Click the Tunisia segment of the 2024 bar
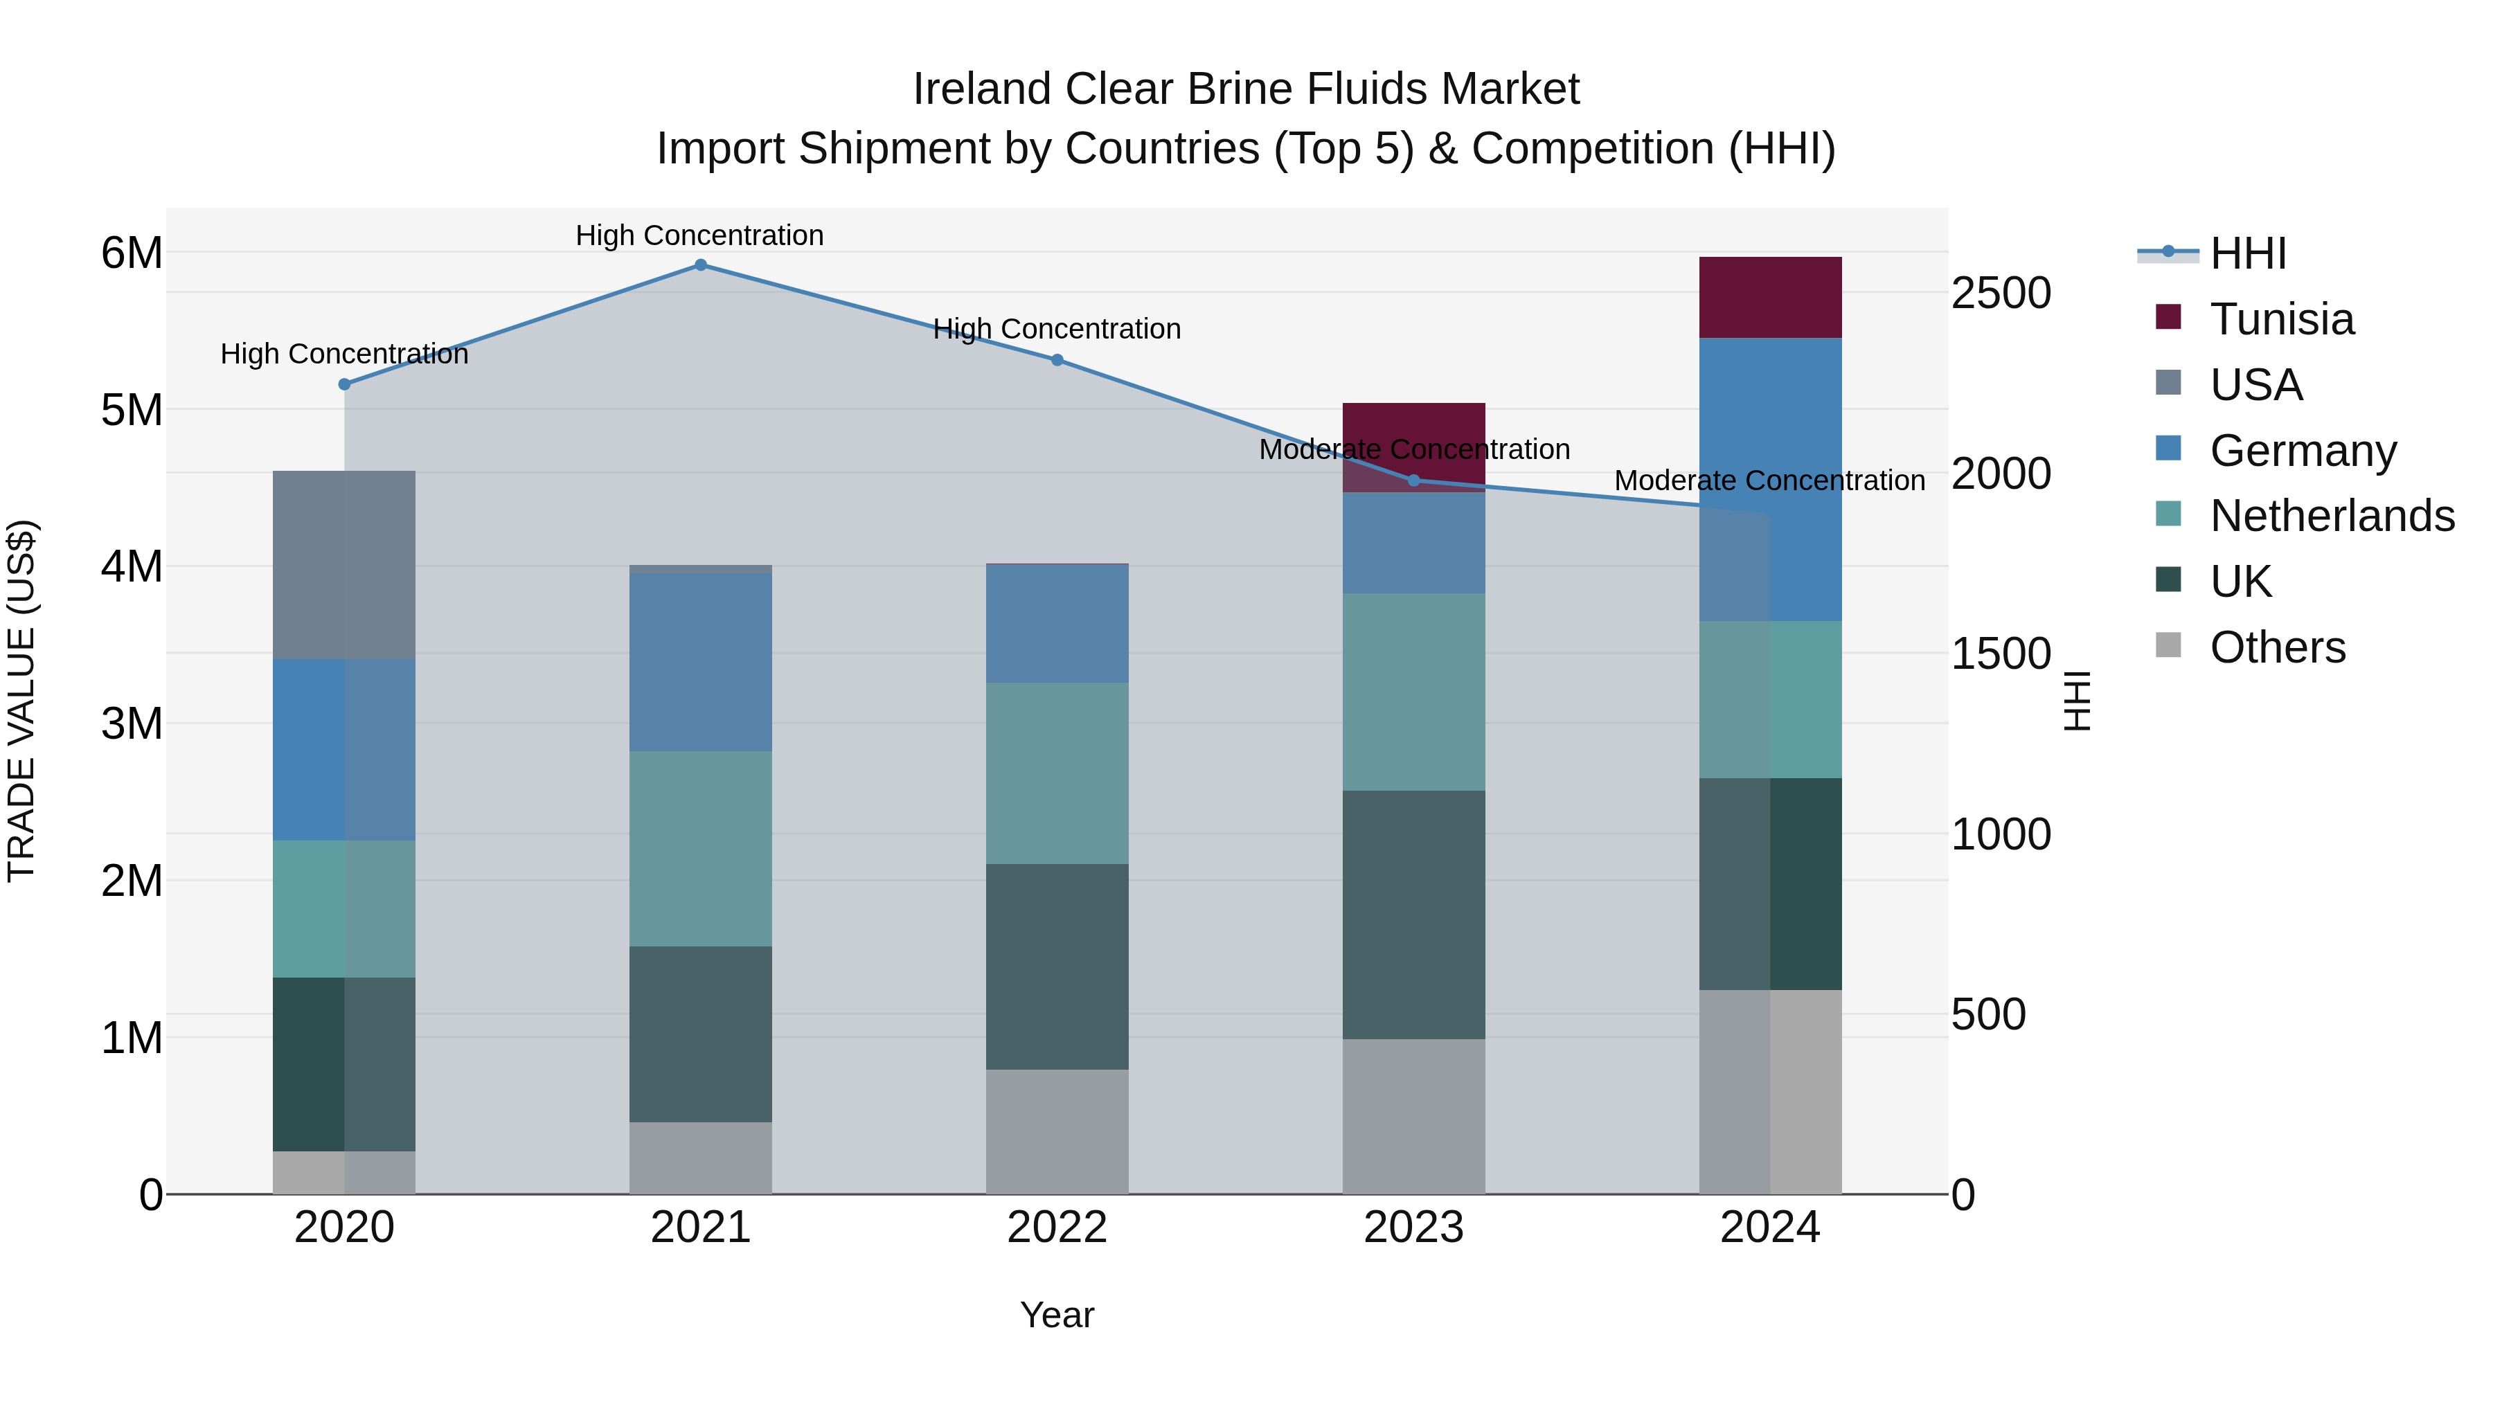click(1770, 297)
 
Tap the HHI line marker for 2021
click(701, 265)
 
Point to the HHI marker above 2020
click(345, 384)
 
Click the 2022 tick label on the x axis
click(1057, 1228)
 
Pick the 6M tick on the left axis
click(132, 253)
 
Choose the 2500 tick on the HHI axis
click(2001, 293)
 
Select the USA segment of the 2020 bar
click(345, 565)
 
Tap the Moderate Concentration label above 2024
click(1769, 481)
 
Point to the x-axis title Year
click(1057, 1315)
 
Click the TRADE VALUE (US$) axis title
click(22, 701)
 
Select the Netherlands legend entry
click(2332, 516)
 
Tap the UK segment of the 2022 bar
click(1057, 967)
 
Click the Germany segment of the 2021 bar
click(701, 662)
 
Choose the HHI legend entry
click(2247, 253)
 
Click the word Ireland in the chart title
click(982, 89)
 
